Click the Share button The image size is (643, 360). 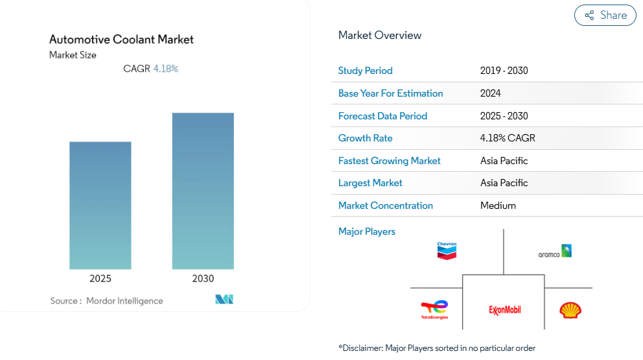coord(605,16)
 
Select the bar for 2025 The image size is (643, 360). coord(100,205)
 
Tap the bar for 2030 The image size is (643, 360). coord(203,191)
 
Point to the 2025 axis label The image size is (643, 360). coord(100,279)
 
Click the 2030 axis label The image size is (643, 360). coord(203,279)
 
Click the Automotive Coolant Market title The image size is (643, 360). coord(121,40)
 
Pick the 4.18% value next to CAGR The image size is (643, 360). coord(165,69)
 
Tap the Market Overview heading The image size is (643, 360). coord(380,35)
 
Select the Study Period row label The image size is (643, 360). coord(366,71)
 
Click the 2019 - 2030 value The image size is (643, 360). coord(504,71)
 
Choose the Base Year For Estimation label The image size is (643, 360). coord(391,93)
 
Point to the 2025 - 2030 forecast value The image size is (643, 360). coord(504,116)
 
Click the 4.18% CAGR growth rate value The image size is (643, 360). coord(508,138)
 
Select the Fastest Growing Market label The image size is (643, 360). coord(390,161)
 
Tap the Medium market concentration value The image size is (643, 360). coord(498,206)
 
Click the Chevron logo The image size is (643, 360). coord(447,250)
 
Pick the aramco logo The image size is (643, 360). coord(555,252)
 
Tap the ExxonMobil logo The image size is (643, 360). coord(505,310)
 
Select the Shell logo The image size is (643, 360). coord(570,310)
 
